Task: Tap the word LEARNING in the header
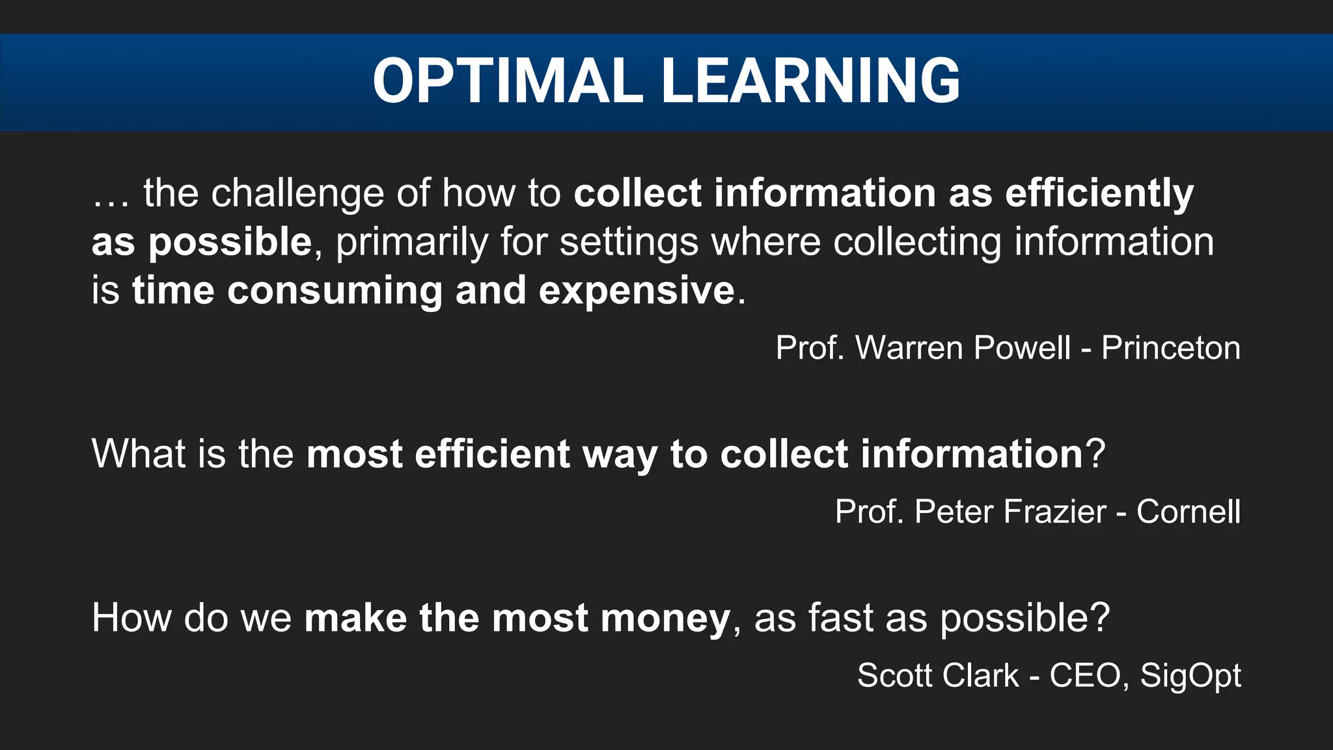click(810, 81)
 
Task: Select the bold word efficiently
click(1099, 193)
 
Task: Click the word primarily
click(411, 242)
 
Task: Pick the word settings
click(628, 242)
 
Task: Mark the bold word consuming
click(335, 290)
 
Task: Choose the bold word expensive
click(637, 290)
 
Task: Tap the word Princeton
click(1170, 348)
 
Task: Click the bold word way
click(620, 454)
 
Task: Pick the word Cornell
click(1188, 512)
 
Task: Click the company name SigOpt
click(1190, 676)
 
